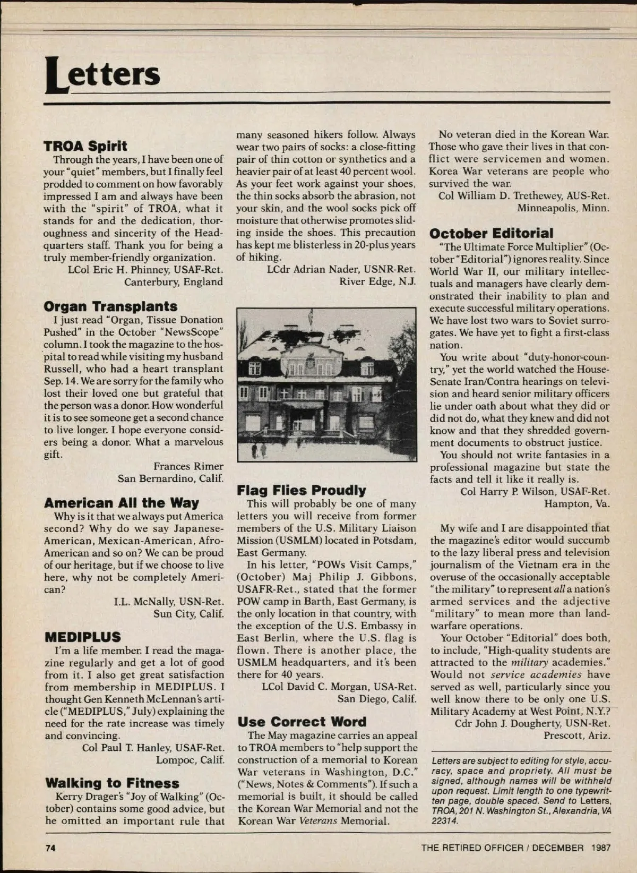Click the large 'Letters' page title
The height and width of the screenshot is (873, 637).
tap(102, 74)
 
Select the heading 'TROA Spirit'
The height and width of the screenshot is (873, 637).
tap(85, 146)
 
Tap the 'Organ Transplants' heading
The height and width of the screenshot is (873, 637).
tap(110, 306)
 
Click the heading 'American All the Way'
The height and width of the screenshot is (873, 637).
tap(122, 503)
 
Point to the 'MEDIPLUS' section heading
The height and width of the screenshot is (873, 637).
tap(83, 637)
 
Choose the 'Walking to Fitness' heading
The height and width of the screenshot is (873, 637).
tap(112, 783)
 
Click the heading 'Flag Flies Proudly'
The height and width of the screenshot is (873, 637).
tap(302, 490)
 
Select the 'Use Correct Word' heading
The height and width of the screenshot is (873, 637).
tap(302, 722)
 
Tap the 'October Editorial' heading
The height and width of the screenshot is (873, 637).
tap(491, 233)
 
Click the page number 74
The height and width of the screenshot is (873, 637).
tap(50, 848)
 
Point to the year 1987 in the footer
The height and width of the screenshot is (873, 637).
tap(601, 848)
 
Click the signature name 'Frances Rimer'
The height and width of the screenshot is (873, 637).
tap(188, 466)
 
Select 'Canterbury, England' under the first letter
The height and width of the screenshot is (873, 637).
tap(174, 281)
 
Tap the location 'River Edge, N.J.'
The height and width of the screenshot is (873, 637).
tap(377, 281)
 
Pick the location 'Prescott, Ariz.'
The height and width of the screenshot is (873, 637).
tap(577, 735)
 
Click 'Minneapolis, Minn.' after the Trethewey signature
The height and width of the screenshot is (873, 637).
tap(563, 208)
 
